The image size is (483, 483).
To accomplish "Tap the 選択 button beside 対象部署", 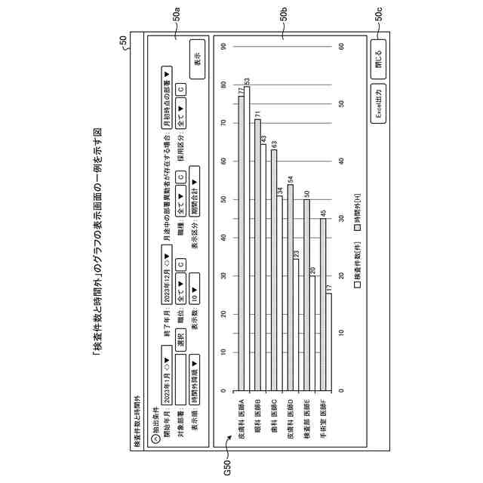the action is [181, 342].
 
